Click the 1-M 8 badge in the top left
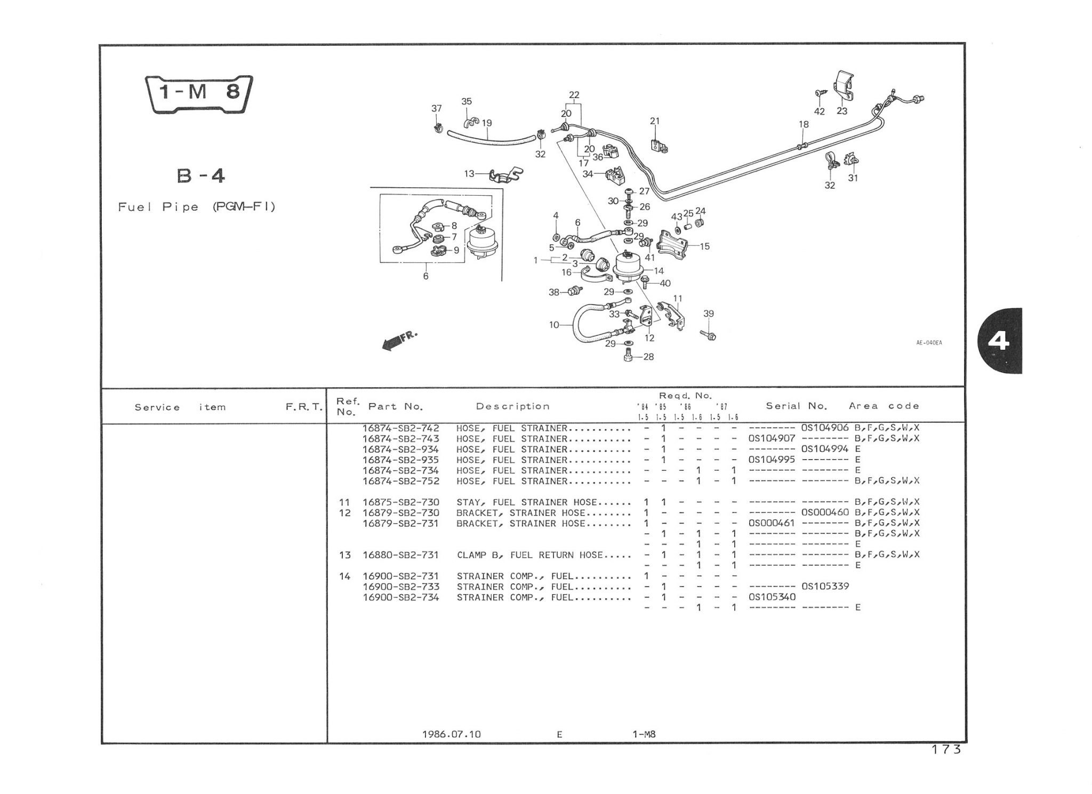click(x=199, y=94)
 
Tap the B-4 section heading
click(x=200, y=175)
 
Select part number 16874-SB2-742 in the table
click(x=400, y=428)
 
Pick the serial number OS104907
click(x=772, y=438)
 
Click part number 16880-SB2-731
click(x=400, y=555)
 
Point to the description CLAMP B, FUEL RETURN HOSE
click(x=529, y=555)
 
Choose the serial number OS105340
click(x=772, y=597)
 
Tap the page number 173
click(x=946, y=750)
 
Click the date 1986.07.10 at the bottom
click(x=451, y=734)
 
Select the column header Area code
click(x=884, y=406)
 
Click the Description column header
click(x=512, y=406)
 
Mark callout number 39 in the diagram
click(x=708, y=314)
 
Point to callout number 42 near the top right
click(x=820, y=111)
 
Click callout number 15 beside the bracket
click(x=705, y=246)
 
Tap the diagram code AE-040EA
click(x=929, y=343)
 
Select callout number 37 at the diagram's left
click(x=437, y=109)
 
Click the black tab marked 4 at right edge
click(x=1000, y=341)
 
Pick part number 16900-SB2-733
click(x=400, y=587)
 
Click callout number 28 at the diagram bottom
click(x=648, y=357)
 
